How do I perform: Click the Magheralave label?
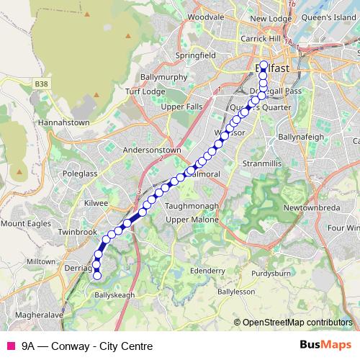32,315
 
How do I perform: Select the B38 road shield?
43,84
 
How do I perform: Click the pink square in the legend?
10,346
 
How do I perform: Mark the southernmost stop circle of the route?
97,274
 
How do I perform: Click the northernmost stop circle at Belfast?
264,66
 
